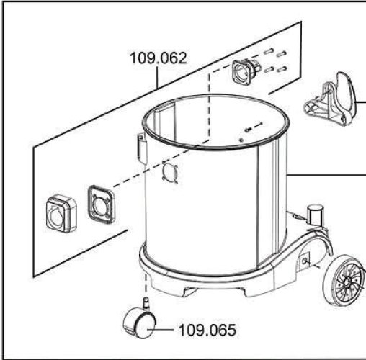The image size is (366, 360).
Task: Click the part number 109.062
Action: point(158,58)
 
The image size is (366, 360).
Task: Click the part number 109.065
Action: point(207,330)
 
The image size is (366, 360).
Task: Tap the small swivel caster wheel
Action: point(139,323)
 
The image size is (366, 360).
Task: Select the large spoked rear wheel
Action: point(344,281)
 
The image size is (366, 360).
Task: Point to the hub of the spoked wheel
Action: point(347,282)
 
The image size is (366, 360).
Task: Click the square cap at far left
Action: point(61,214)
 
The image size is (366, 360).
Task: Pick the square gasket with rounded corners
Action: point(101,204)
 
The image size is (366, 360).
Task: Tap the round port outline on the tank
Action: point(170,172)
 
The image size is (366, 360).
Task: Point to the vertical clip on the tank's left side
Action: point(142,148)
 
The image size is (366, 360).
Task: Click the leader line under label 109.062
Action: point(158,77)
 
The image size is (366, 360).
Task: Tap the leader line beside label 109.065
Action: point(161,330)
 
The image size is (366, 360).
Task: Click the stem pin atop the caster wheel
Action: point(146,302)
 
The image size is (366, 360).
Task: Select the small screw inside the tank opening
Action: point(248,130)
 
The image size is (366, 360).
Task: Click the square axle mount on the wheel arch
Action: point(305,260)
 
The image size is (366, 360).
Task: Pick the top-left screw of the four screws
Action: point(269,51)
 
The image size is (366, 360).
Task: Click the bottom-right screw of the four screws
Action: point(282,69)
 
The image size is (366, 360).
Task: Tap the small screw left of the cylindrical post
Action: point(297,216)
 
